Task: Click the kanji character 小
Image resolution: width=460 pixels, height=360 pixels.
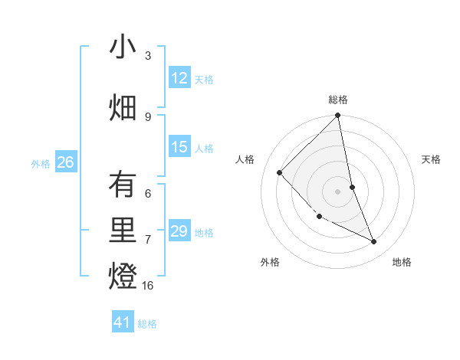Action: click(x=123, y=47)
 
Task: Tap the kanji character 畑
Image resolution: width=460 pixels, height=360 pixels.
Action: click(x=123, y=108)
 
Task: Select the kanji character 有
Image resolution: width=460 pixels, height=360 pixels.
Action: click(x=123, y=185)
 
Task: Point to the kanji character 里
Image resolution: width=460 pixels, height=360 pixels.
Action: click(x=123, y=231)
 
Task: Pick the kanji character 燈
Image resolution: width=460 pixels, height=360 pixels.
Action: click(x=123, y=277)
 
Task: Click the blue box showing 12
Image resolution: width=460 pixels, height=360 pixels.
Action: click(x=179, y=78)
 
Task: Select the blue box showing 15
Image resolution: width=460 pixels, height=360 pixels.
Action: click(x=179, y=147)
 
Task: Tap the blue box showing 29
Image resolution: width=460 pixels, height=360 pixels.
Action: click(x=179, y=231)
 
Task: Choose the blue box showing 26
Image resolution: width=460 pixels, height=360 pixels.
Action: click(x=66, y=162)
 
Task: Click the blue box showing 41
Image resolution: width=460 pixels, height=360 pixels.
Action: click(x=123, y=322)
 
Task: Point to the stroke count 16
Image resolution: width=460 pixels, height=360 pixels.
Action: click(x=148, y=286)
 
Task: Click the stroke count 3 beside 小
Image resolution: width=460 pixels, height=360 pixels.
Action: click(x=148, y=56)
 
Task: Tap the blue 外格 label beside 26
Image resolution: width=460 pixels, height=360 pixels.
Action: click(x=41, y=163)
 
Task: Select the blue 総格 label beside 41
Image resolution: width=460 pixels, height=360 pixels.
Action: click(x=147, y=324)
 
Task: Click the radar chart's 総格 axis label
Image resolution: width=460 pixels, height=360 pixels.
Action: click(x=338, y=100)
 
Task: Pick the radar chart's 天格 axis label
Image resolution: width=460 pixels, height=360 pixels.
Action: click(x=432, y=159)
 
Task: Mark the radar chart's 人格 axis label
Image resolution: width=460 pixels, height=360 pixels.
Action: click(x=245, y=159)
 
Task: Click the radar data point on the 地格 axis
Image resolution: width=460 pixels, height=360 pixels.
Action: click(x=374, y=242)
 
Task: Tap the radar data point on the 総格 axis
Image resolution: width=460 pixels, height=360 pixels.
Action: click(x=338, y=116)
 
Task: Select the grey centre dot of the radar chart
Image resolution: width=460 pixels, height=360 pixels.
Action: click(x=338, y=191)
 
